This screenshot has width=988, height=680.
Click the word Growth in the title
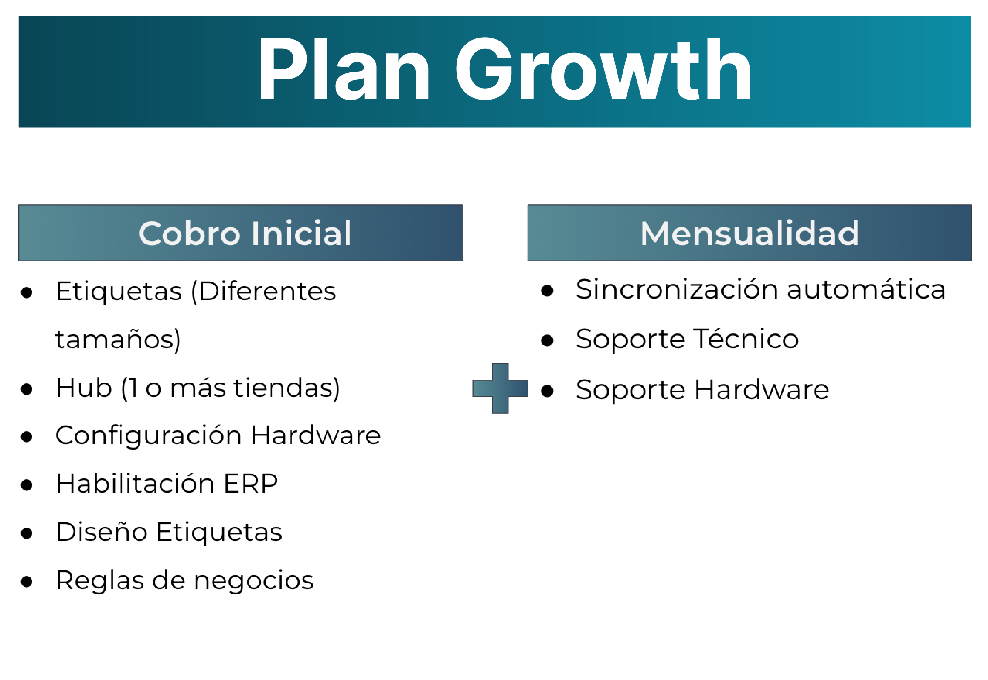coord(603,69)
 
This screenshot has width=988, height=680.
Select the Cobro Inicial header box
coord(241,233)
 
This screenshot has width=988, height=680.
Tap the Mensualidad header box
coord(750,233)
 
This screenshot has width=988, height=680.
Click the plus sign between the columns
coord(500,388)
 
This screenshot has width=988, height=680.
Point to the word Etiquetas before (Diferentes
coord(119,291)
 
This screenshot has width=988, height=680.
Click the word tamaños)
coord(118,339)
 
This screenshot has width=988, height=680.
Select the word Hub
coord(84,387)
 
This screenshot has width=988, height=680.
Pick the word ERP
coord(251,484)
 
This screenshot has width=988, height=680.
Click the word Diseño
coord(102,532)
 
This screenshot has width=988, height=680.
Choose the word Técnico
coord(746,338)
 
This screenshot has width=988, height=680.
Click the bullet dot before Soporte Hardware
coord(547,391)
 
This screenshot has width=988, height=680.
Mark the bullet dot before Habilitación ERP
coord(27,484)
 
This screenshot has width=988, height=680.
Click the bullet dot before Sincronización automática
coord(547,290)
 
